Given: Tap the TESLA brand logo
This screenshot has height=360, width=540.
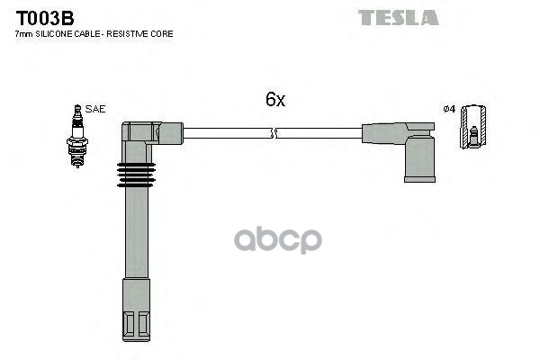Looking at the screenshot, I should tap(398, 17).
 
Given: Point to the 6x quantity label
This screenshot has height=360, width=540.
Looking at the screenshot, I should tap(274, 101).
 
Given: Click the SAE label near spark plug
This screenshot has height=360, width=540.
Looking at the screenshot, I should tap(96, 109).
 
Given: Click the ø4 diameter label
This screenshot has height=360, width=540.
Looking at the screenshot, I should tap(449, 110).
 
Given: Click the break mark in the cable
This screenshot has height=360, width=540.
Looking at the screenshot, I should tap(274, 134).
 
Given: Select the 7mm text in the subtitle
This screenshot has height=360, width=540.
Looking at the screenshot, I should tap(24, 34).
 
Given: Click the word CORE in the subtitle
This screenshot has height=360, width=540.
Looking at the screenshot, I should tap(164, 34).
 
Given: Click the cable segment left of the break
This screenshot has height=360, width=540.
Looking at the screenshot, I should tap(225, 133).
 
